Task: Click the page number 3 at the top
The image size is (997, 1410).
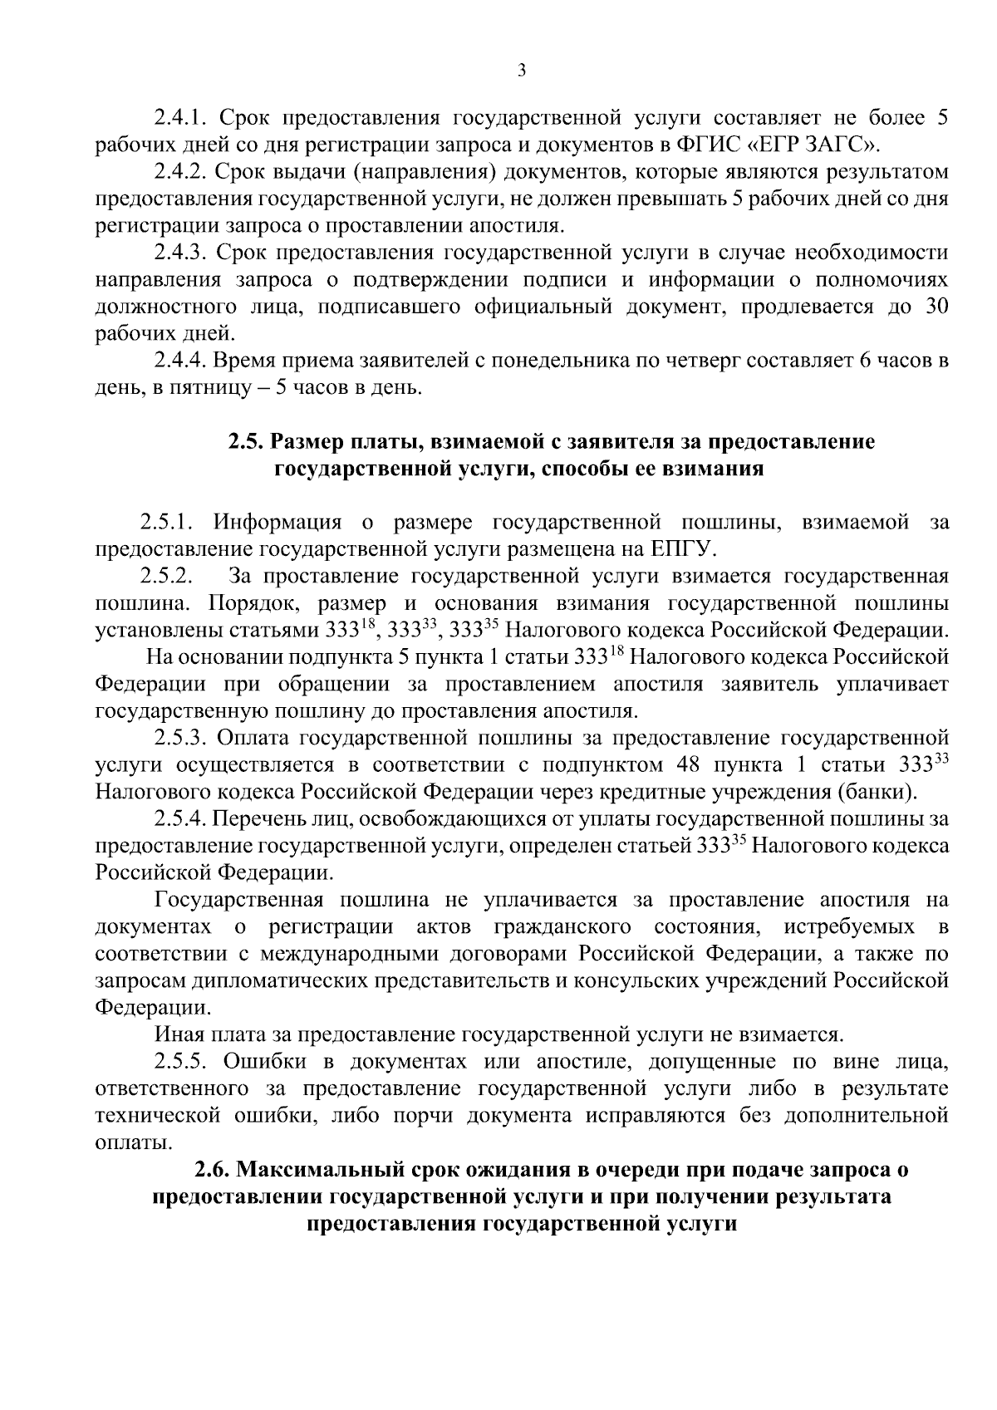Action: (x=521, y=71)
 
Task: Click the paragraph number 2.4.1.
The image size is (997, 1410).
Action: (x=182, y=118)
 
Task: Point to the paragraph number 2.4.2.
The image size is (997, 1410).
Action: (x=182, y=172)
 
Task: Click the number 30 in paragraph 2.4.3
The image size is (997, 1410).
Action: (x=935, y=307)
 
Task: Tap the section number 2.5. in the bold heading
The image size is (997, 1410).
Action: (x=246, y=442)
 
